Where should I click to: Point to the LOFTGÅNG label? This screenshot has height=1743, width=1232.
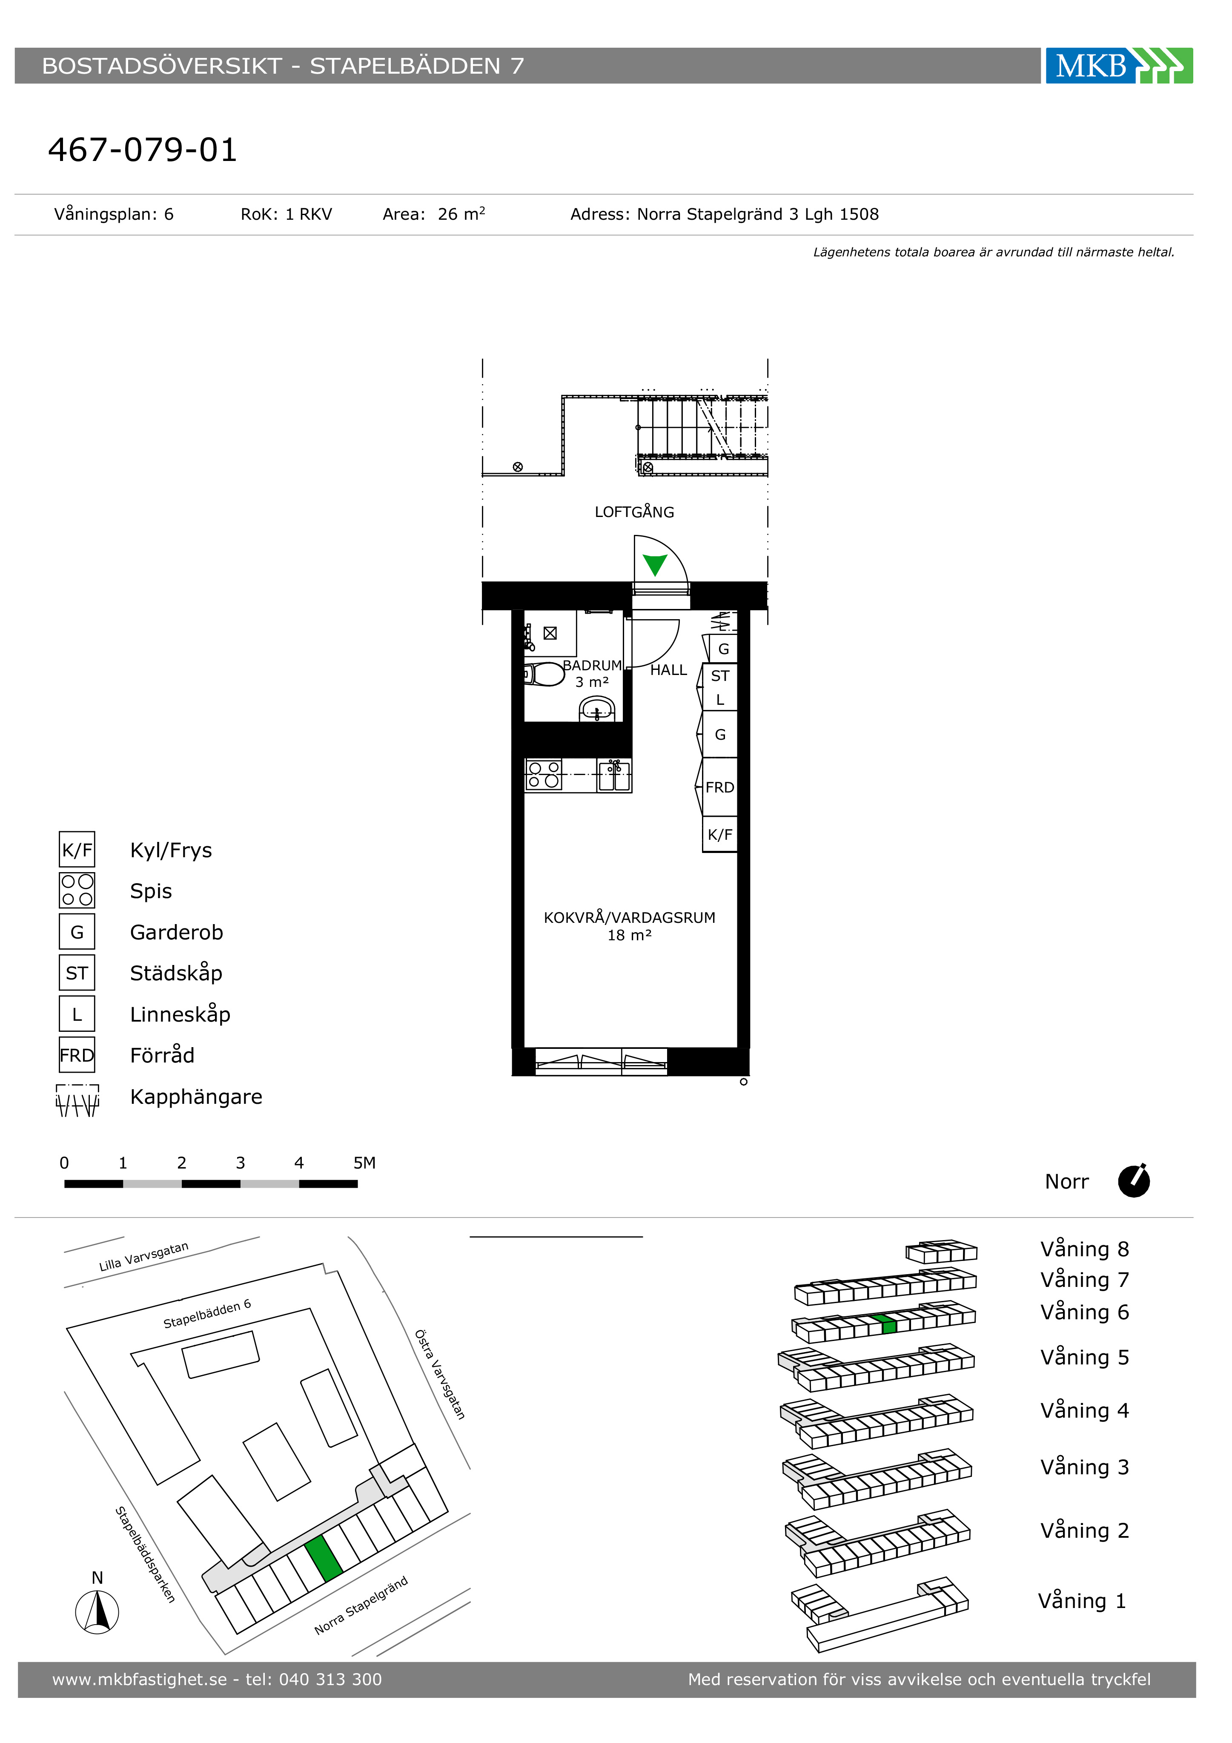coord(635,512)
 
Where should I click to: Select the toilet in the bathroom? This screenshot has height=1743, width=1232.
coord(544,674)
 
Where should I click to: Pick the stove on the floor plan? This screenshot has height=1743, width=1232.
coord(544,774)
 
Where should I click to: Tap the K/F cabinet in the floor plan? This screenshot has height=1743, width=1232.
coord(719,834)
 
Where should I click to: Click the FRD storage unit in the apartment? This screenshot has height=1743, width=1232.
coord(719,787)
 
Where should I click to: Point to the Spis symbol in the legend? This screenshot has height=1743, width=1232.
coord(77,890)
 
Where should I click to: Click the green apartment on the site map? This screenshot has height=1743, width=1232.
coord(324,1558)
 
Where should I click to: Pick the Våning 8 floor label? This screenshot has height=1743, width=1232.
coord(1085,1249)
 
